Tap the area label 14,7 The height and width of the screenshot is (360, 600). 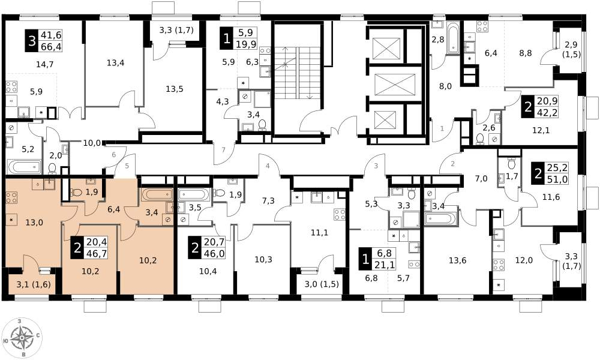(44, 65)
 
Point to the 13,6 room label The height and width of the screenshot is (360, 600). (458, 261)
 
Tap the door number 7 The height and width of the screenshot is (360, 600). (223, 149)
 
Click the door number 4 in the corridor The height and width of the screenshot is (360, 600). (268, 166)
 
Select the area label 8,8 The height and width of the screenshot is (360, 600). (526, 53)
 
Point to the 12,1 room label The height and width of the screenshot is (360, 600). (541, 130)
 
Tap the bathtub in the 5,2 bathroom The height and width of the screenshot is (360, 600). (25, 167)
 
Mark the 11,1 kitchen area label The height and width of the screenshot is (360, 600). (319, 233)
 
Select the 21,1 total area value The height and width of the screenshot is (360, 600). (385, 265)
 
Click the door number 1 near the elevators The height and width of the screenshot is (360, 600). (442, 128)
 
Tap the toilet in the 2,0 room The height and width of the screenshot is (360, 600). (52, 168)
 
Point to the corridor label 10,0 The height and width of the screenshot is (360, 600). (92, 143)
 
